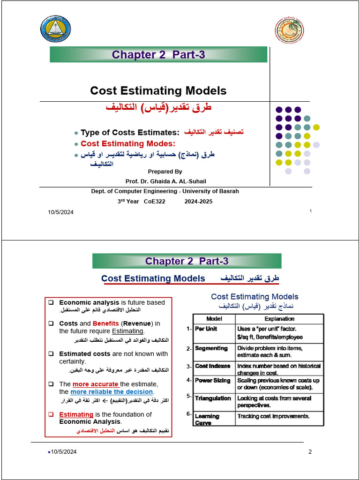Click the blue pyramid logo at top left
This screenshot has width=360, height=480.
tap(56, 29)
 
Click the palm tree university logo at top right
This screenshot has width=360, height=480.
tap(288, 30)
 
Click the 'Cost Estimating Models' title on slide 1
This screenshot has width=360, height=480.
tap(158, 90)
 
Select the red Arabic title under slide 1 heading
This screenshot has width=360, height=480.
tap(158, 107)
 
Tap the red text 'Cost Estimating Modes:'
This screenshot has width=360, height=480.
tap(128, 144)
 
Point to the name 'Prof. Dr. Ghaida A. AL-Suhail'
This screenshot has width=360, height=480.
tap(165, 181)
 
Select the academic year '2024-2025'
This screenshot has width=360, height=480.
tap(198, 202)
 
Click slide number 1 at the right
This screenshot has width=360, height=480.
tap(310, 211)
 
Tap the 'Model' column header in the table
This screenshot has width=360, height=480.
tap(214, 319)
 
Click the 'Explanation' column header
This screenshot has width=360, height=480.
tap(279, 319)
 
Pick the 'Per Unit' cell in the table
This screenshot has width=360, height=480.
tap(206, 329)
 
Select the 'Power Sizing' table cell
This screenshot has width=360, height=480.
tap(212, 381)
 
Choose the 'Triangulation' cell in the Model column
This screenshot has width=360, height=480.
tap(213, 398)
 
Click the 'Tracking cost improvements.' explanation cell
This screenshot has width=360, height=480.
tap(273, 416)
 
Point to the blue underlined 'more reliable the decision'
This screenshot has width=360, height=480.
tap(112, 391)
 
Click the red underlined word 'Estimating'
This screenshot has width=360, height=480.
tap(76, 414)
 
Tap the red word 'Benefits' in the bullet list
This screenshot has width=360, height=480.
tap(105, 323)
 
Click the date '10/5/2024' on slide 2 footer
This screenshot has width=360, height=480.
tap(63, 452)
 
